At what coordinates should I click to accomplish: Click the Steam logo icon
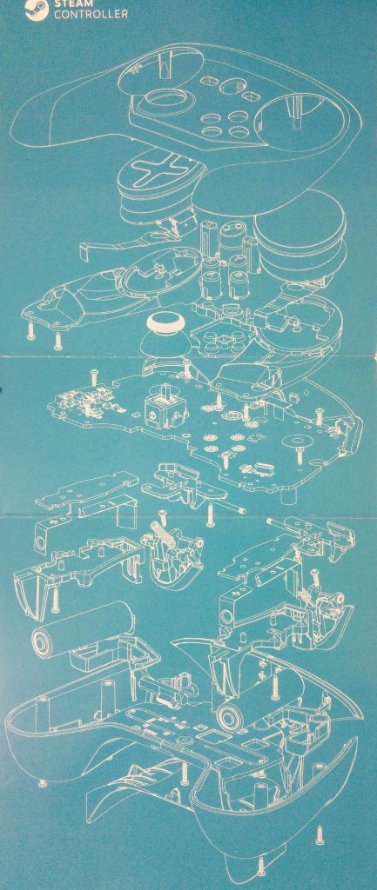pos(41,10)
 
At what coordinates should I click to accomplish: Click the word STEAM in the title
pos(67,3)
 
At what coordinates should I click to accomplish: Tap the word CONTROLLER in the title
pos(91,14)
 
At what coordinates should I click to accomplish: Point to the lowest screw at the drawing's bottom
pos(261,867)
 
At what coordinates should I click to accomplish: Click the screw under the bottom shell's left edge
pos(42,784)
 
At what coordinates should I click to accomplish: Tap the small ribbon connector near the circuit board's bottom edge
pos(253,468)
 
